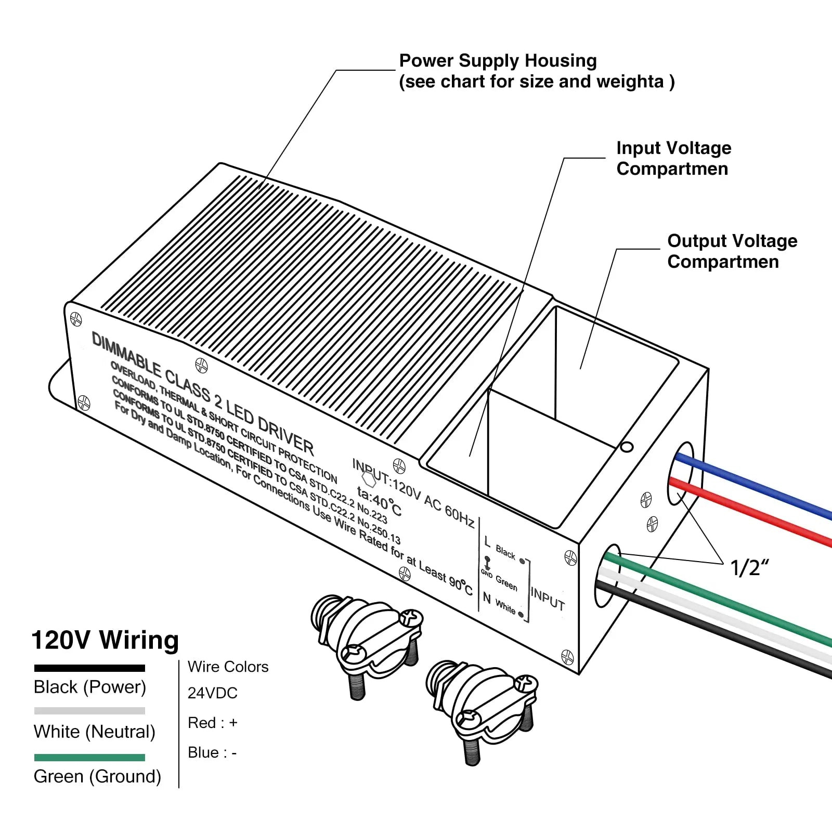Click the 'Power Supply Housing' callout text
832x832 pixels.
(x=498, y=61)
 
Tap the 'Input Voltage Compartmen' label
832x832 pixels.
(x=673, y=158)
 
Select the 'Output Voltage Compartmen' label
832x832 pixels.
(x=732, y=251)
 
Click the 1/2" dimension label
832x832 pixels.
(x=749, y=568)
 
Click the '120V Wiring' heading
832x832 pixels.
(x=105, y=640)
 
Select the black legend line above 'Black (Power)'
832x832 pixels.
(x=89, y=668)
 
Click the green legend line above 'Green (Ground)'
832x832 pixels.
(x=89, y=758)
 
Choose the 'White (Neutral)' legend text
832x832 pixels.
(x=94, y=732)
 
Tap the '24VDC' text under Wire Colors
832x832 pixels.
(x=212, y=693)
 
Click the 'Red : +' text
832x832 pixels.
(x=212, y=723)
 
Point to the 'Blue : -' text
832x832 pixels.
(x=212, y=752)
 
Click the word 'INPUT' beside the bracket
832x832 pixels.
(x=548, y=598)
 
